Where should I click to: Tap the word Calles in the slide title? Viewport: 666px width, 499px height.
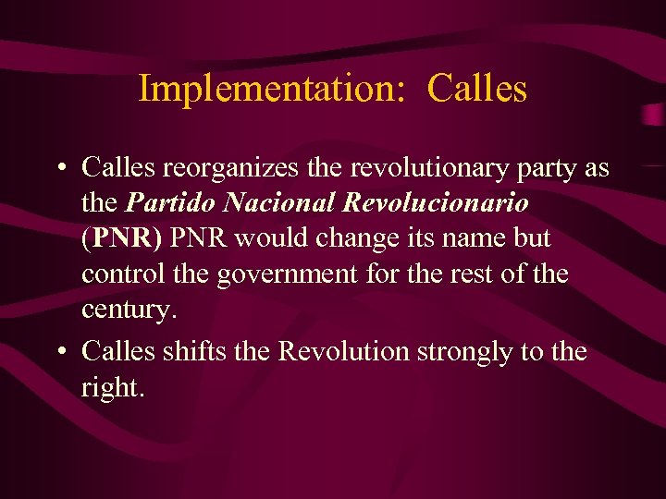click(x=477, y=89)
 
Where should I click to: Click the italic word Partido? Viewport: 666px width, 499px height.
click(x=160, y=202)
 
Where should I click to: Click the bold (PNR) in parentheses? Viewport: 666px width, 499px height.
click(x=121, y=238)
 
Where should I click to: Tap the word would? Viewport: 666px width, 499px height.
click(x=268, y=238)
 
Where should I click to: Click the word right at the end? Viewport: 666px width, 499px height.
click(x=112, y=387)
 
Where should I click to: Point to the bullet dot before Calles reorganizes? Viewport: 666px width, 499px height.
click(x=59, y=169)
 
